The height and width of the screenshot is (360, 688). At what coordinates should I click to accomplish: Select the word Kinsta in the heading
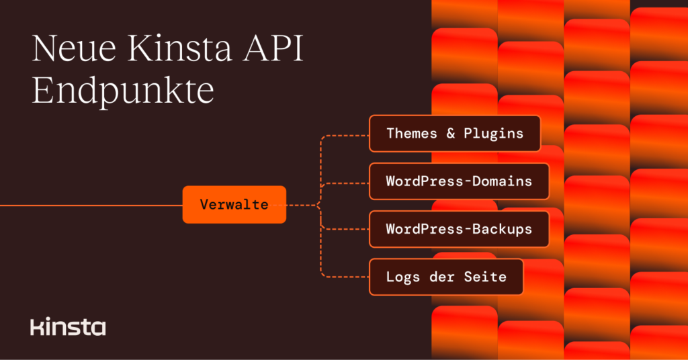tap(179, 52)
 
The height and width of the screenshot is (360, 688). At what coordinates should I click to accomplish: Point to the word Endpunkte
tap(123, 91)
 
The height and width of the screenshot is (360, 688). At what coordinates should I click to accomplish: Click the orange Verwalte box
tap(234, 205)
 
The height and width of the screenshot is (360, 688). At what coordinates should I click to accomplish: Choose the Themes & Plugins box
tap(455, 133)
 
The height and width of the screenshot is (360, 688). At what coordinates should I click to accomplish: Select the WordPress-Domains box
tap(459, 181)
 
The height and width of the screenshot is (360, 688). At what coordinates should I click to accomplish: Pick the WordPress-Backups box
tap(459, 229)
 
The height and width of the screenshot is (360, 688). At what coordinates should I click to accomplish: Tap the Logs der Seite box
tap(446, 277)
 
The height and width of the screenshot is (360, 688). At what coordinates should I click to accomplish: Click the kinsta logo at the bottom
tap(68, 328)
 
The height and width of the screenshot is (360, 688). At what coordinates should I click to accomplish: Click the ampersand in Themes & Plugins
tap(450, 133)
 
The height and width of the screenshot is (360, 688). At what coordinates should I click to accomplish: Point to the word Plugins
tap(493, 133)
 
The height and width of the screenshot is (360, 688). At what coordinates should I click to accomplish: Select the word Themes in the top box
tap(411, 133)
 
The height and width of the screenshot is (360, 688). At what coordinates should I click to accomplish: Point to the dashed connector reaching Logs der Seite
tap(343, 275)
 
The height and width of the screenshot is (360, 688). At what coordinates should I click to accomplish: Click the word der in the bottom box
tap(441, 277)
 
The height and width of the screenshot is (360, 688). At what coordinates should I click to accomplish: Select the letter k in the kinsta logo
tap(35, 328)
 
